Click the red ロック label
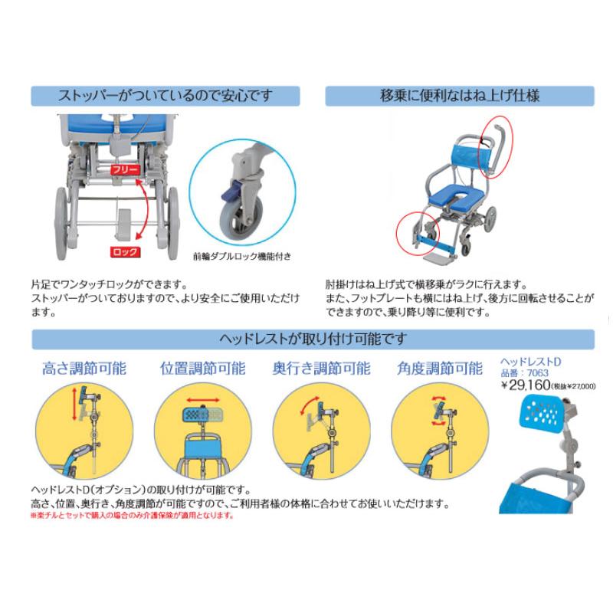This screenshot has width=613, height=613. [x=124, y=251]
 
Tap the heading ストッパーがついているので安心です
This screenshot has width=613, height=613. [x=165, y=97]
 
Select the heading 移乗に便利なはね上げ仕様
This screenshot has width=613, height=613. [x=459, y=97]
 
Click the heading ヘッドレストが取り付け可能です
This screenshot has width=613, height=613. [x=312, y=339]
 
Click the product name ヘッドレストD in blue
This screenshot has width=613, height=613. [x=530, y=361]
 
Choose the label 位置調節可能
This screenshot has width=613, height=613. [x=202, y=368]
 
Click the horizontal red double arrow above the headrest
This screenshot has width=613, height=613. [x=202, y=400]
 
